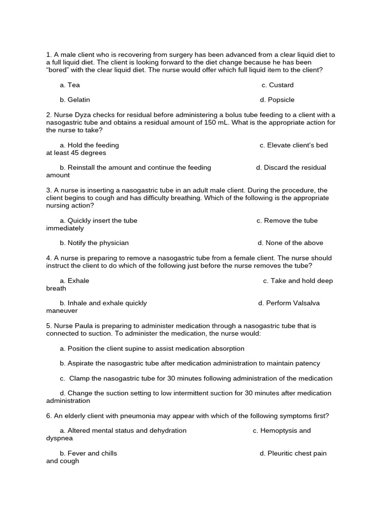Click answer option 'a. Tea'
tap(70, 85)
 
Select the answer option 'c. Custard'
tap(278, 85)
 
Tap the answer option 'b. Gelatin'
tap(75, 100)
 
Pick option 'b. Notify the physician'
tap(94, 243)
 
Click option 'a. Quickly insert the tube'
tap(98, 221)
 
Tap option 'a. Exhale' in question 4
tap(75, 281)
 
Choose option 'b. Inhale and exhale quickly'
tap(103, 303)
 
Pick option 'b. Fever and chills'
tap(89, 454)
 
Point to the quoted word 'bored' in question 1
tap(59, 70)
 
